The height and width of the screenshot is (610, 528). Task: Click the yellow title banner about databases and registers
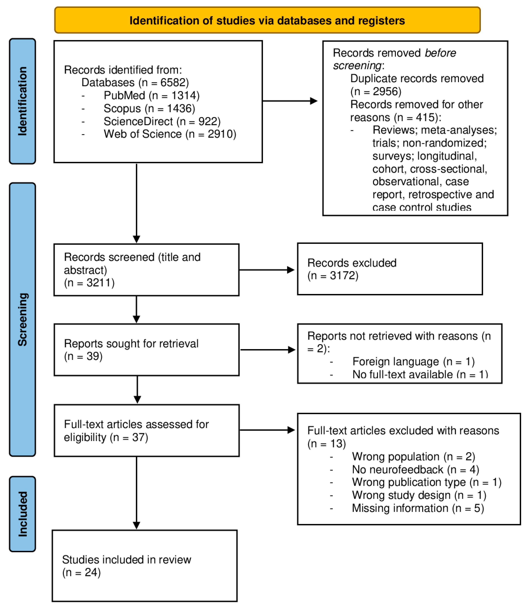pyautogui.click(x=267, y=20)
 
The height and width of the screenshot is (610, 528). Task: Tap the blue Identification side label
pyautogui.click(x=22, y=101)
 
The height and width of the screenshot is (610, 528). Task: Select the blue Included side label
pyautogui.click(x=22, y=514)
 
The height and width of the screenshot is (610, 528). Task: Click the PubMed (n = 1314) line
pyautogui.click(x=151, y=95)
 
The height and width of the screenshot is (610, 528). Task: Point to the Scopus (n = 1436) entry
pyautogui.click(x=149, y=108)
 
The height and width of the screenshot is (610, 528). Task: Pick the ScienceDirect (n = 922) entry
pyautogui.click(x=162, y=121)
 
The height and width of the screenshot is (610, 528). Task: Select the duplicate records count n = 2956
pyautogui.click(x=376, y=91)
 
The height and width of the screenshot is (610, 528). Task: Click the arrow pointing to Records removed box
pyautogui.click(x=290, y=101)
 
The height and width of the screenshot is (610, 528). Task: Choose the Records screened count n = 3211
pyautogui.click(x=89, y=283)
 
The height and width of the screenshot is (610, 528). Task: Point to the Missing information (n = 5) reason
pyautogui.click(x=418, y=508)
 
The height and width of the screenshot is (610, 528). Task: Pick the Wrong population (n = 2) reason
pyautogui.click(x=413, y=456)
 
